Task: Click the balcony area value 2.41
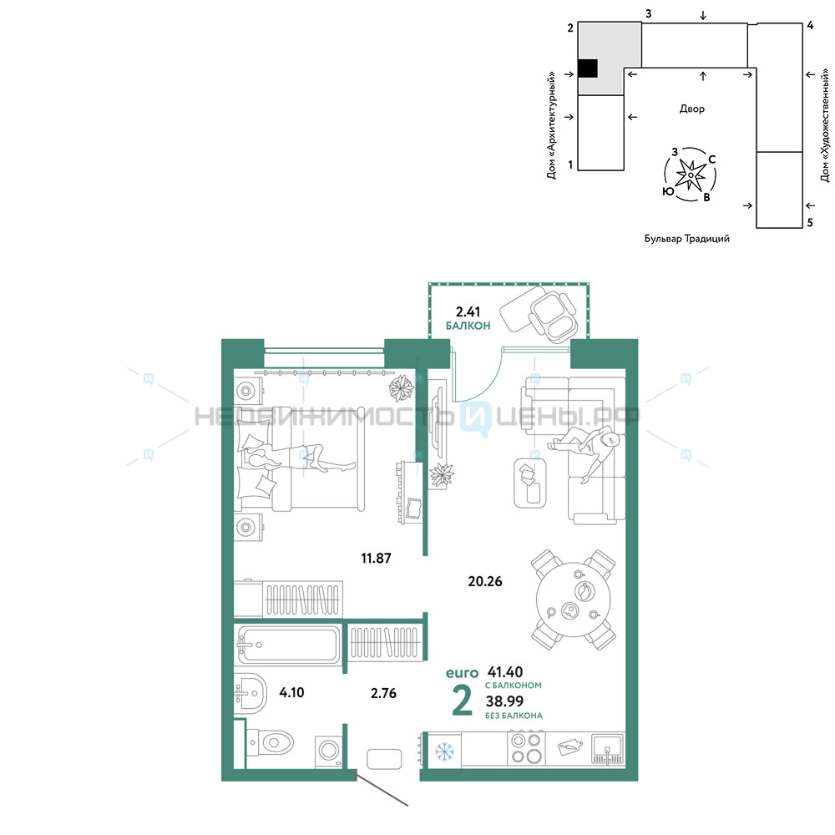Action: click(468, 311)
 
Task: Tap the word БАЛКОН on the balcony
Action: click(468, 326)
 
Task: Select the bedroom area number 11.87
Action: click(376, 558)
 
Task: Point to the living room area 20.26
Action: click(484, 581)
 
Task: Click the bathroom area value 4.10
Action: click(291, 692)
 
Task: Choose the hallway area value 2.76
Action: click(383, 693)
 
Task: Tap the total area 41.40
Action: click(505, 672)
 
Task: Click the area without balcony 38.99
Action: click(504, 701)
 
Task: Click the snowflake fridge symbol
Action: click(443, 751)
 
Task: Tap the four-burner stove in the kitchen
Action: click(526, 749)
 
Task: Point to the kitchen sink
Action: click(608, 749)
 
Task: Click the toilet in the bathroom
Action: click(271, 741)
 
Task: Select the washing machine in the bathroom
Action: click(328, 751)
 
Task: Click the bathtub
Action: click(289, 645)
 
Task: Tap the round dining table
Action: click(574, 600)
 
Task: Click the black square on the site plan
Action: click(588, 68)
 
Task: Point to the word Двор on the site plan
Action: click(691, 109)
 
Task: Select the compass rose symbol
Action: click(691, 175)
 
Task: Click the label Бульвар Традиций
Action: click(687, 239)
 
